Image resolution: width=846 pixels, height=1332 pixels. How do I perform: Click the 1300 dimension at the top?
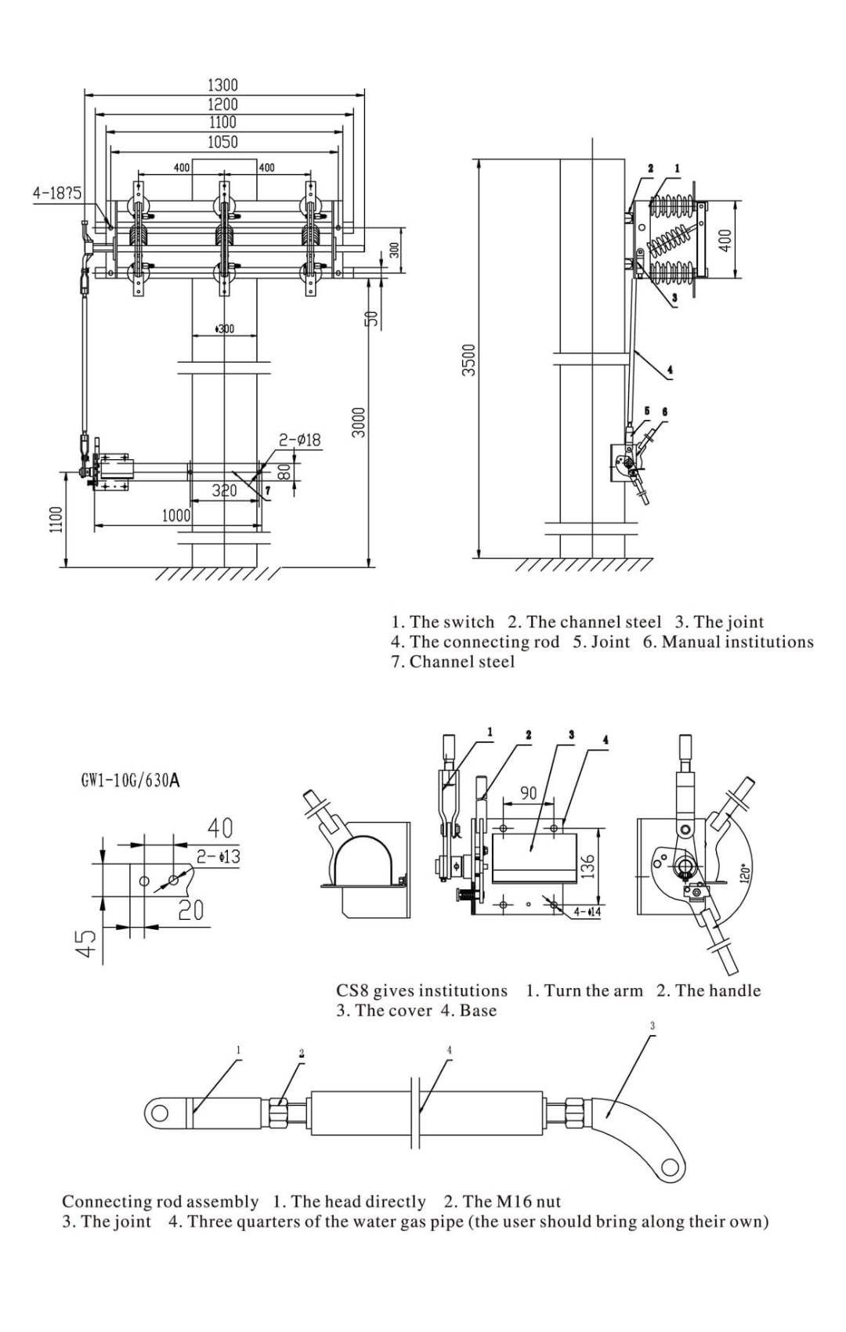222,85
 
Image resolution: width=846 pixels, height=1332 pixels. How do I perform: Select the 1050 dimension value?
222,142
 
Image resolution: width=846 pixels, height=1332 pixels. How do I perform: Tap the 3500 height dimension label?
468,360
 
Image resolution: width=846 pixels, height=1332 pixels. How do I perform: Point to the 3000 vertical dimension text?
358,422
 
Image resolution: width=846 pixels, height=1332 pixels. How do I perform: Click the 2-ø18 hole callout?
299,440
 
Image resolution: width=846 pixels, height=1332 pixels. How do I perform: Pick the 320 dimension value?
224,490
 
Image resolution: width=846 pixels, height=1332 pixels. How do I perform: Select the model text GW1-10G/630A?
131,780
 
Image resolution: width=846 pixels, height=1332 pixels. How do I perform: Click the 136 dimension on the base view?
589,866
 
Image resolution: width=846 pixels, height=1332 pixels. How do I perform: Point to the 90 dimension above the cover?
529,793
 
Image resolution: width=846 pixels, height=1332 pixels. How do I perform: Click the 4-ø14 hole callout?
587,912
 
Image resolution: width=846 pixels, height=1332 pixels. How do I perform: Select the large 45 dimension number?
90,943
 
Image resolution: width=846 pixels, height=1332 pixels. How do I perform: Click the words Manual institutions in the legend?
737,642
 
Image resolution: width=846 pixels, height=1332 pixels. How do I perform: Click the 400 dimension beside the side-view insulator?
725,240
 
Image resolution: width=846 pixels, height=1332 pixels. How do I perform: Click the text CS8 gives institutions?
422,990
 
